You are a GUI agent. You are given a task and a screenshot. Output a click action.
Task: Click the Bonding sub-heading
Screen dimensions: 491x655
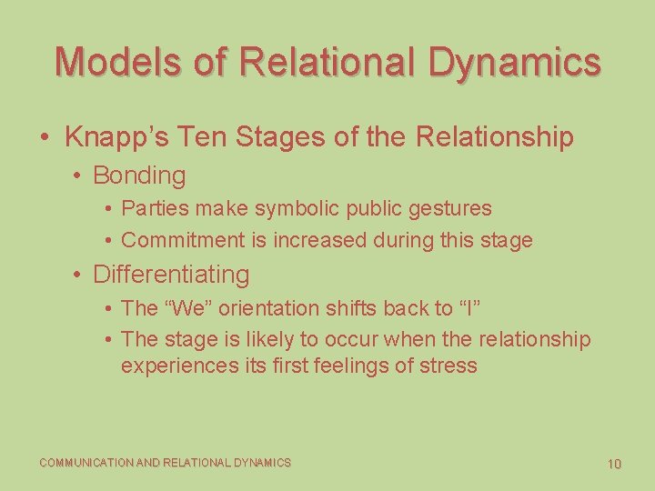tap(139, 175)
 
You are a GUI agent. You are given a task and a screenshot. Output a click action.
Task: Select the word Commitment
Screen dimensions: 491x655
tap(173, 241)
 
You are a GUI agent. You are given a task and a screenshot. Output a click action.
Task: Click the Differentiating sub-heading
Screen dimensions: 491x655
tap(171, 274)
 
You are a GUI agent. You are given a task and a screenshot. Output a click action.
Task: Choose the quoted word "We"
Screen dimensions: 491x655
tap(185, 308)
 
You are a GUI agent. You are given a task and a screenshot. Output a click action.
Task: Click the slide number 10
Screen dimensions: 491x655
tap(614, 464)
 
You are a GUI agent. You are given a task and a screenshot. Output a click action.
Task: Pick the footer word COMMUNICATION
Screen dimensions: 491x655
tap(86, 463)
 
